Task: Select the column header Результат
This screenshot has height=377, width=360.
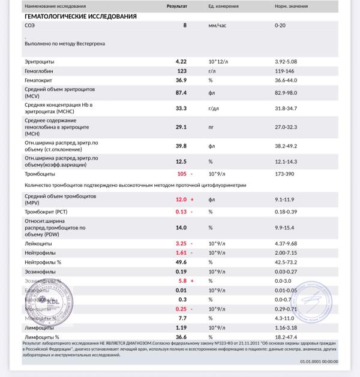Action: [176, 5]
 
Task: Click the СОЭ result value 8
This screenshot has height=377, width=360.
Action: [185, 26]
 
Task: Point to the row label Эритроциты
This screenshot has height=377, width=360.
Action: [40, 62]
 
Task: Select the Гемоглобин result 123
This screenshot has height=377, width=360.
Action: [181, 71]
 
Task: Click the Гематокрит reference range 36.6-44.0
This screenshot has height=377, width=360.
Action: [289, 80]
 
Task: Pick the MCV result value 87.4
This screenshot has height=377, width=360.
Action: [181, 93]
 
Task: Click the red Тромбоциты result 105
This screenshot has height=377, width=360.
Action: [181, 174]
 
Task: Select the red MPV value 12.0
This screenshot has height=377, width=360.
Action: [181, 199]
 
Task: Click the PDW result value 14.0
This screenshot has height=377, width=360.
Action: [181, 228]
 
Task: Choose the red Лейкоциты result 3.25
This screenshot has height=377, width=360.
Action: [181, 244]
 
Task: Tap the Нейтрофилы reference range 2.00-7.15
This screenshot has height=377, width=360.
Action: [289, 253]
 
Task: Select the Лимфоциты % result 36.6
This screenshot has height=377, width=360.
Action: [181, 337]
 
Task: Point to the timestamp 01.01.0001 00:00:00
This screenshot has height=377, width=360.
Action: [319, 361]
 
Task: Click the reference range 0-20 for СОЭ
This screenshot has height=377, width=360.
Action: [281, 26]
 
